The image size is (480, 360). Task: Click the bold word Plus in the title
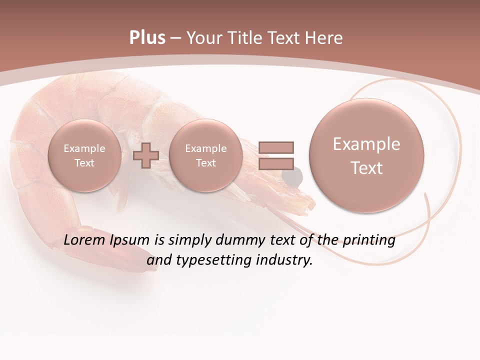click(x=147, y=38)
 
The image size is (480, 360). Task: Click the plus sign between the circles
click(x=146, y=155)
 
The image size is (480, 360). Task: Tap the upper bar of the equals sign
click(x=276, y=147)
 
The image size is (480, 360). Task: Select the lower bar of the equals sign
click(x=276, y=164)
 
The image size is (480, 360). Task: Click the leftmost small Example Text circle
click(x=84, y=155)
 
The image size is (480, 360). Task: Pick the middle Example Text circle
click(x=205, y=155)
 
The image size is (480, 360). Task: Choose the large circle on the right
click(x=366, y=155)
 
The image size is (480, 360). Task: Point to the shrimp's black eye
click(x=295, y=174)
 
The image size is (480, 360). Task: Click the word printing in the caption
click(x=369, y=241)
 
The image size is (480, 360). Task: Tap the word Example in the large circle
click(x=366, y=144)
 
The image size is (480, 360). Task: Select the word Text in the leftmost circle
click(x=84, y=163)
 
